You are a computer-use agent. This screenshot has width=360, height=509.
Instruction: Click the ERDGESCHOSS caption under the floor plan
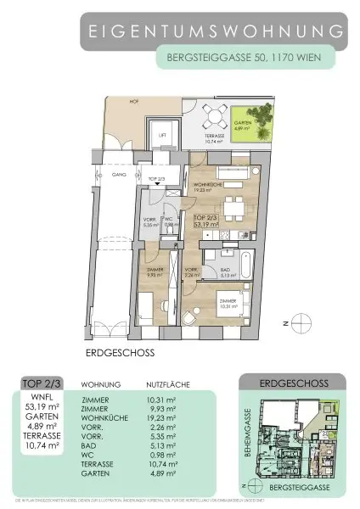coord(120,349)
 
